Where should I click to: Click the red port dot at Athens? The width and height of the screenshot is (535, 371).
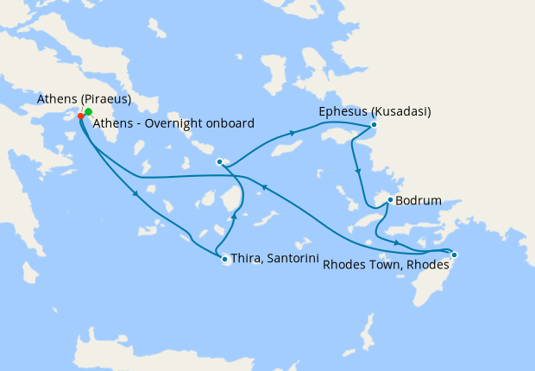tap(81, 116)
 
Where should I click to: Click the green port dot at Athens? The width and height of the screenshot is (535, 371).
tap(88, 112)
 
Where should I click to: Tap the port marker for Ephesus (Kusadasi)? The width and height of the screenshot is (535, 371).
tap(374, 125)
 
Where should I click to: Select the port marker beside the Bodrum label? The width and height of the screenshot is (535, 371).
tap(390, 200)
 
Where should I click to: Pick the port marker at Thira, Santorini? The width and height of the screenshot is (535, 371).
tap(224, 259)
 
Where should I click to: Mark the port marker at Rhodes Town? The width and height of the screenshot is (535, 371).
tap(454, 255)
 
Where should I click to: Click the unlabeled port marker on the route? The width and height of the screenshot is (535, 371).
tap(220, 161)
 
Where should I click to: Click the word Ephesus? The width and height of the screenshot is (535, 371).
tap(343, 112)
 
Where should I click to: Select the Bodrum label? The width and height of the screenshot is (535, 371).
tap(419, 201)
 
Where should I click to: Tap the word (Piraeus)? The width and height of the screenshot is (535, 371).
tap(105, 99)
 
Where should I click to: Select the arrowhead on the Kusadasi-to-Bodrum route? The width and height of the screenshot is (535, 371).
tap(356, 173)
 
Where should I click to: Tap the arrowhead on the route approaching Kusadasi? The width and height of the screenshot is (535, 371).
tap(293, 133)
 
